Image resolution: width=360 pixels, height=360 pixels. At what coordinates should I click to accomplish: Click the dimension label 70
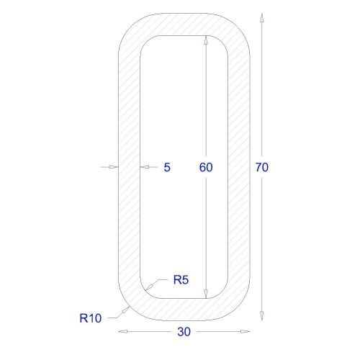(262, 167)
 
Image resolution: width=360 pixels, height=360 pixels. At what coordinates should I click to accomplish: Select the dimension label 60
(206, 167)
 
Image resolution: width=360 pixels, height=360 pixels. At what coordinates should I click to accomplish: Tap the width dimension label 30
(184, 332)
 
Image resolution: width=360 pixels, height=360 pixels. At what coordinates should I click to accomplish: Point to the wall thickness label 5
(167, 167)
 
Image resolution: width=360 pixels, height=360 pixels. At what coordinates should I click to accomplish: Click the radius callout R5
(181, 280)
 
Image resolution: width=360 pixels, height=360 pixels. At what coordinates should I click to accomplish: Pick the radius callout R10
(91, 318)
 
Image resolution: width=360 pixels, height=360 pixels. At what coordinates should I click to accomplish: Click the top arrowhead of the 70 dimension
(262, 17)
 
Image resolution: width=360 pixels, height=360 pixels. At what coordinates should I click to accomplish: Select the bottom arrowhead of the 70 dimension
(262, 316)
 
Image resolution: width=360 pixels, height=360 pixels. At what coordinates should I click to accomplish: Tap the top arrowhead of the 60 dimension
(206, 40)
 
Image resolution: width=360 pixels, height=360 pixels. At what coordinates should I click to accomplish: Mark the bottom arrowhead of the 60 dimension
(206, 294)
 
